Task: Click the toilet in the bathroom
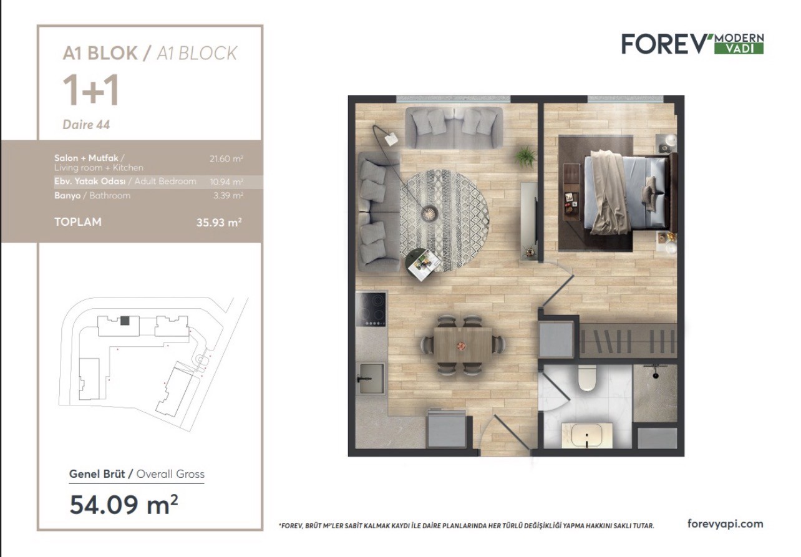pyautogui.click(x=587, y=377)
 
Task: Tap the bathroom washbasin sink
pyautogui.click(x=586, y=436)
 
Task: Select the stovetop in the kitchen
pyautogui.click(x=371, y=309)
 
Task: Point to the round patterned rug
pyautogui.click(x=444, y=220)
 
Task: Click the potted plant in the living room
pyautogui.click(x=525, y=157)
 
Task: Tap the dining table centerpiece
pyautogui.click(x=462, y=346)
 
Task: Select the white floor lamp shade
pyautogui.click(x=392, y=138)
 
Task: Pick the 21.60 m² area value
pyautogui.click(x=226, y=158)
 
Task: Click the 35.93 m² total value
pyautogui.click(x=219, y=223)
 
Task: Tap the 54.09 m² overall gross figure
pyautogui.click(x=124, y=505)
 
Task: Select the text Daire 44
pyautogui.click(x=86, y=125)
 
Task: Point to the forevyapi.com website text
pyautogui.click(x=725, y=524)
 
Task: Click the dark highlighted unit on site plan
pyautogui.click(x=125, y=321)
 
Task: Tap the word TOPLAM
pyautogui.click(x=78, y=222)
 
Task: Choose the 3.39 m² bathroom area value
pyautogui.click(x=228, y=196)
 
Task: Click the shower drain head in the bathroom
pyautogui.click(x=655, y=375)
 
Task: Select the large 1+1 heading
pyautogui.click(x=90, y=91)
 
